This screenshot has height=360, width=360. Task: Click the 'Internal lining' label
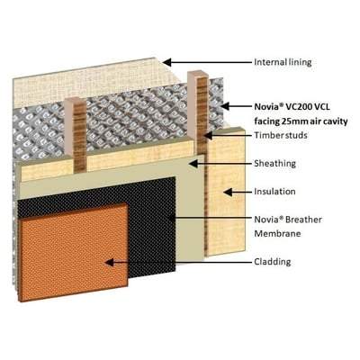pos(283,62)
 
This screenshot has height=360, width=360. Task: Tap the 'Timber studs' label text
pos(281,135)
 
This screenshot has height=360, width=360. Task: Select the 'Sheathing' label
pos(274,164)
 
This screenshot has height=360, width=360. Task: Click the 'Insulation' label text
pos(274,192)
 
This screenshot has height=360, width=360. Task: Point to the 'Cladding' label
pos(273,262)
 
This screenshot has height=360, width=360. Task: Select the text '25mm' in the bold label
pos(293,121)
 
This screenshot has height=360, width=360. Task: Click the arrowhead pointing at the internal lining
pos(166,62)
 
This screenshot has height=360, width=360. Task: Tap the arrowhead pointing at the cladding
pos(110,263)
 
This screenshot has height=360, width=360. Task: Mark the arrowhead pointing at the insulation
pos(229,192)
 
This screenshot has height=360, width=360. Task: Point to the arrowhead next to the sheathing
pos(193,164)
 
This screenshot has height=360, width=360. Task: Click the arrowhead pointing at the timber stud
pos(208,135)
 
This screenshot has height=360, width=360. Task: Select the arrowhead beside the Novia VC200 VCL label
pos(225,106)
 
